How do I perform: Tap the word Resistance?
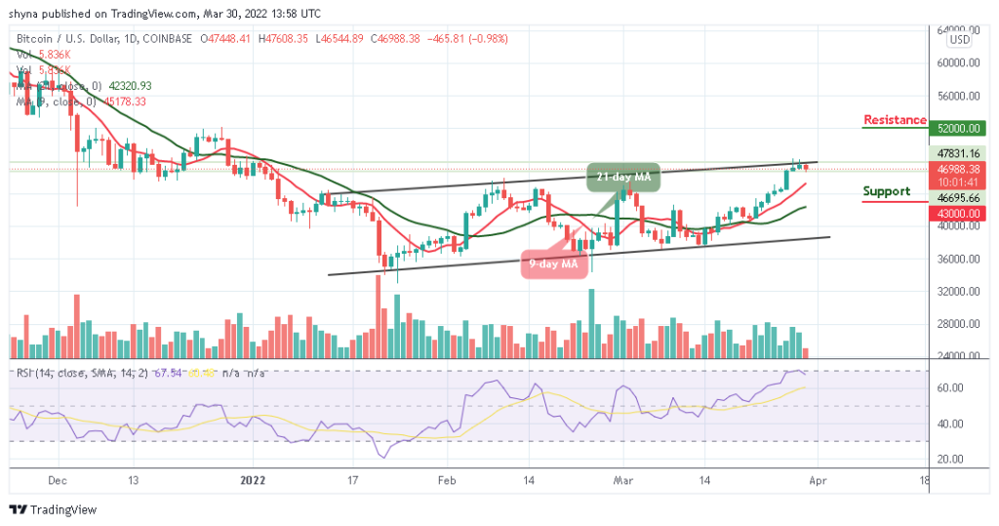895,120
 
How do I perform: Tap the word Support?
887,191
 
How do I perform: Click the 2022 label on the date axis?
253,479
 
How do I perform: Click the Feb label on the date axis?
446,479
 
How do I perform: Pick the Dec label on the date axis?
57,479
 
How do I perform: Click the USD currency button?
960,40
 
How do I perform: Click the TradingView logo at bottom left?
54,509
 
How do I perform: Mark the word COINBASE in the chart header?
164,39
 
